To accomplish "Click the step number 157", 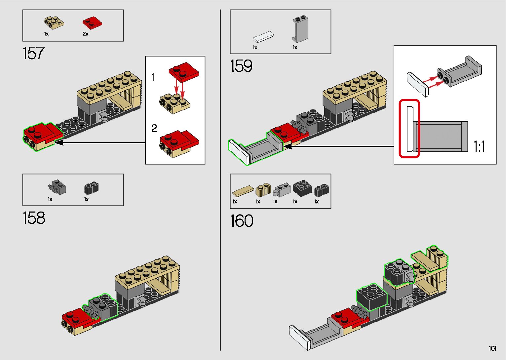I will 33,54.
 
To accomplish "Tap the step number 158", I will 34,218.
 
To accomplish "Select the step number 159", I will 241,66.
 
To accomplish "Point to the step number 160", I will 242,221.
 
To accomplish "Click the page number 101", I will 492,348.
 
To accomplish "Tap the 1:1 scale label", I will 479,146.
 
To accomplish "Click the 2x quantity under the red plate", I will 85,34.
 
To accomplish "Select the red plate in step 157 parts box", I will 92,22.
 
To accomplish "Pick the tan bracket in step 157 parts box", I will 54,22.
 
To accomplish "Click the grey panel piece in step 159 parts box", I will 300,29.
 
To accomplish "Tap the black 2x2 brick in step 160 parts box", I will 302,189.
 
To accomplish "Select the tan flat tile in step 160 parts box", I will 243,191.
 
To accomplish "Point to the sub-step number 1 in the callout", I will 153,77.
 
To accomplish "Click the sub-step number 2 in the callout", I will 154,128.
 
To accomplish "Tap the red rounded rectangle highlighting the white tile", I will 409,129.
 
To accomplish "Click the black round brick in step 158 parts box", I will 91,188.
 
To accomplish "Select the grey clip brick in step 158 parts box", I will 57,187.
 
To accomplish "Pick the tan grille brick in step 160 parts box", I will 263,190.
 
